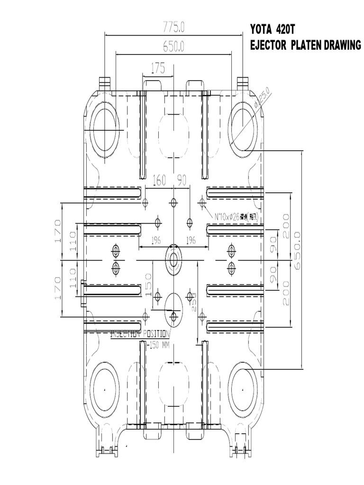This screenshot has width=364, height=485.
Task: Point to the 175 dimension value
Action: (158, 68)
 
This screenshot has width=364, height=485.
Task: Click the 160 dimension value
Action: (159, 180)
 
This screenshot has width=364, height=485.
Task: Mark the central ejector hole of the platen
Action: (173, 260)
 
